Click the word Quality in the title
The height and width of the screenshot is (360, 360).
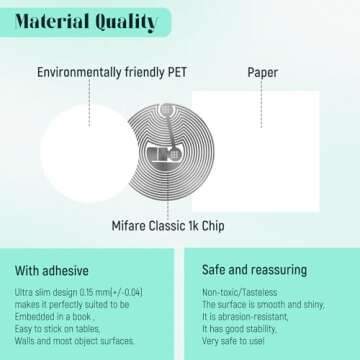pos(125,22)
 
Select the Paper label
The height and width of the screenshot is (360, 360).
pos(262,72)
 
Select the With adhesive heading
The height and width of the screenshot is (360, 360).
pos(52,270)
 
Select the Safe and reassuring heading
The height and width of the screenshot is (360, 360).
pos(254,270)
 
